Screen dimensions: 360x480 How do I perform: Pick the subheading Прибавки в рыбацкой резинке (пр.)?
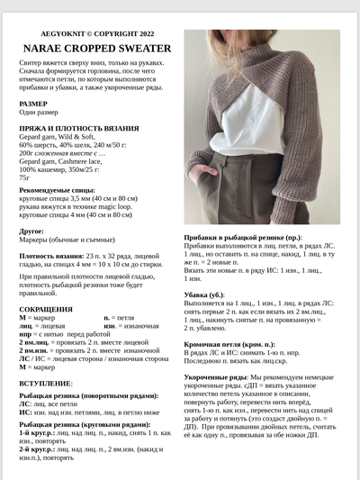tap(244, 236)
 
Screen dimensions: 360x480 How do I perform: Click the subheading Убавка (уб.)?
tap(204, 294)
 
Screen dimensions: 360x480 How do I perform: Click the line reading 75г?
tap(24, 177)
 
